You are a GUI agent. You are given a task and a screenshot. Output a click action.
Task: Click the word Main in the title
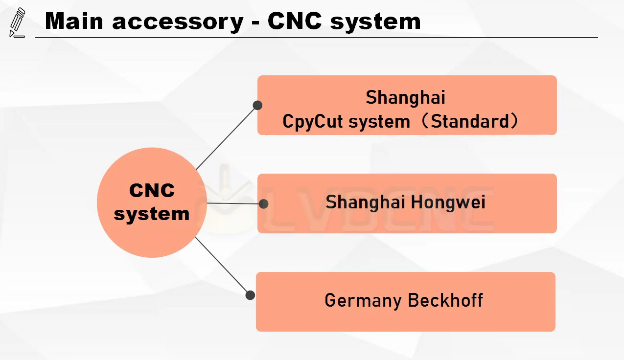76,21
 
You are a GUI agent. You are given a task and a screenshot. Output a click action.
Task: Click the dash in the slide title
255,22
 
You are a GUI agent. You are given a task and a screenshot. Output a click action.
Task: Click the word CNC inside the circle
152,190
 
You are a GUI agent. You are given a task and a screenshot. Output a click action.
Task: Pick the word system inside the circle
152,214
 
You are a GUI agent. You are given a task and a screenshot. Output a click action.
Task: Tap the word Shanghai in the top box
406,97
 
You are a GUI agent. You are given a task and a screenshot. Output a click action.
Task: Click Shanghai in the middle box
361,202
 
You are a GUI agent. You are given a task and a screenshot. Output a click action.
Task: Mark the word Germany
363,300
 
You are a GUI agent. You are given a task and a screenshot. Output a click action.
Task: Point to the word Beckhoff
445,300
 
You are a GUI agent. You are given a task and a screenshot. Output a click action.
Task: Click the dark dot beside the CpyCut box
257,105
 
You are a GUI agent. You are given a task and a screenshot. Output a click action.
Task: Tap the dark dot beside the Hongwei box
263,203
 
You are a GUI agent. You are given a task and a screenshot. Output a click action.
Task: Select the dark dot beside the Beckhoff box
250,295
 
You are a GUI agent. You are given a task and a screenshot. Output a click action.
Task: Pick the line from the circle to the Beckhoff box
223,266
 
